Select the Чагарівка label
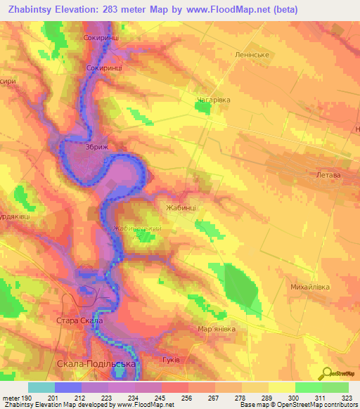[x=213, y=100]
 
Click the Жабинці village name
[x=181, y=208]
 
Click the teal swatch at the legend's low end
[x=41, y=387]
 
